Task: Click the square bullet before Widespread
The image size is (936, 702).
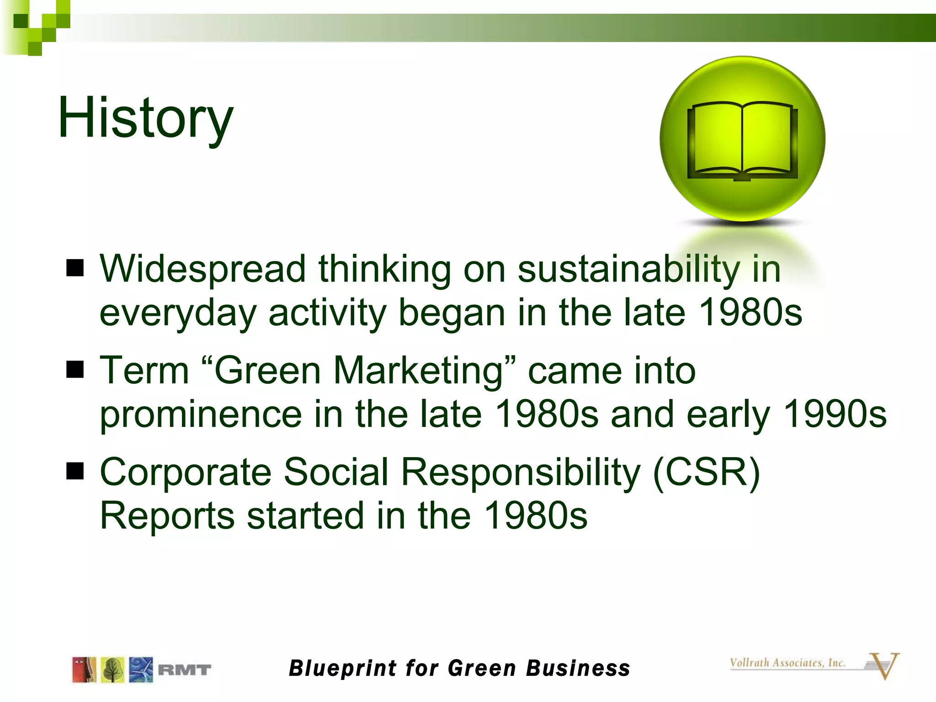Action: tap(75, 269)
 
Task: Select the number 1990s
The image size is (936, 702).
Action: tap(835, 414)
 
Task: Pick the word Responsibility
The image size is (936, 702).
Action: tap(521, 473)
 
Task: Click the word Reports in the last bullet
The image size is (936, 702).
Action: tap(167, 516)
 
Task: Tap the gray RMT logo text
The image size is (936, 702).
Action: tap(184, 670)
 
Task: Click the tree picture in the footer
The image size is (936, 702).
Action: tap(112, 670)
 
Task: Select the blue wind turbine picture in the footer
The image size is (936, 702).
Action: tap(141, 670)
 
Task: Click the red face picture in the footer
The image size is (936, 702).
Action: tap(84, 670)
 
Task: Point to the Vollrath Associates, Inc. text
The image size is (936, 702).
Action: tap(787, 663)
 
